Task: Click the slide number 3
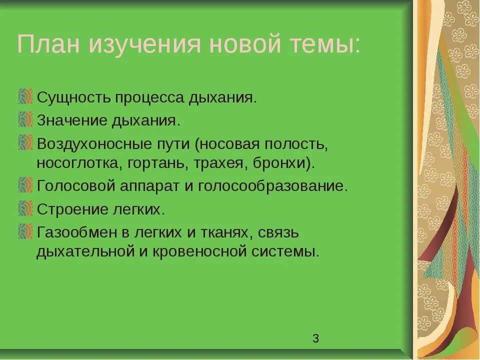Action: tap(315, 338)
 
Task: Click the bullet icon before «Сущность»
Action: tap(25, 96)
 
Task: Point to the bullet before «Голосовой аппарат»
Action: tap(25, 185)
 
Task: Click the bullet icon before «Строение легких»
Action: tap(25, 208)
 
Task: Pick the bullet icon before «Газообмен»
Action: tap(25, 232)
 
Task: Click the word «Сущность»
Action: tap(73, 97)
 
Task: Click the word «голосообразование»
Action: tap(272, 186)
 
